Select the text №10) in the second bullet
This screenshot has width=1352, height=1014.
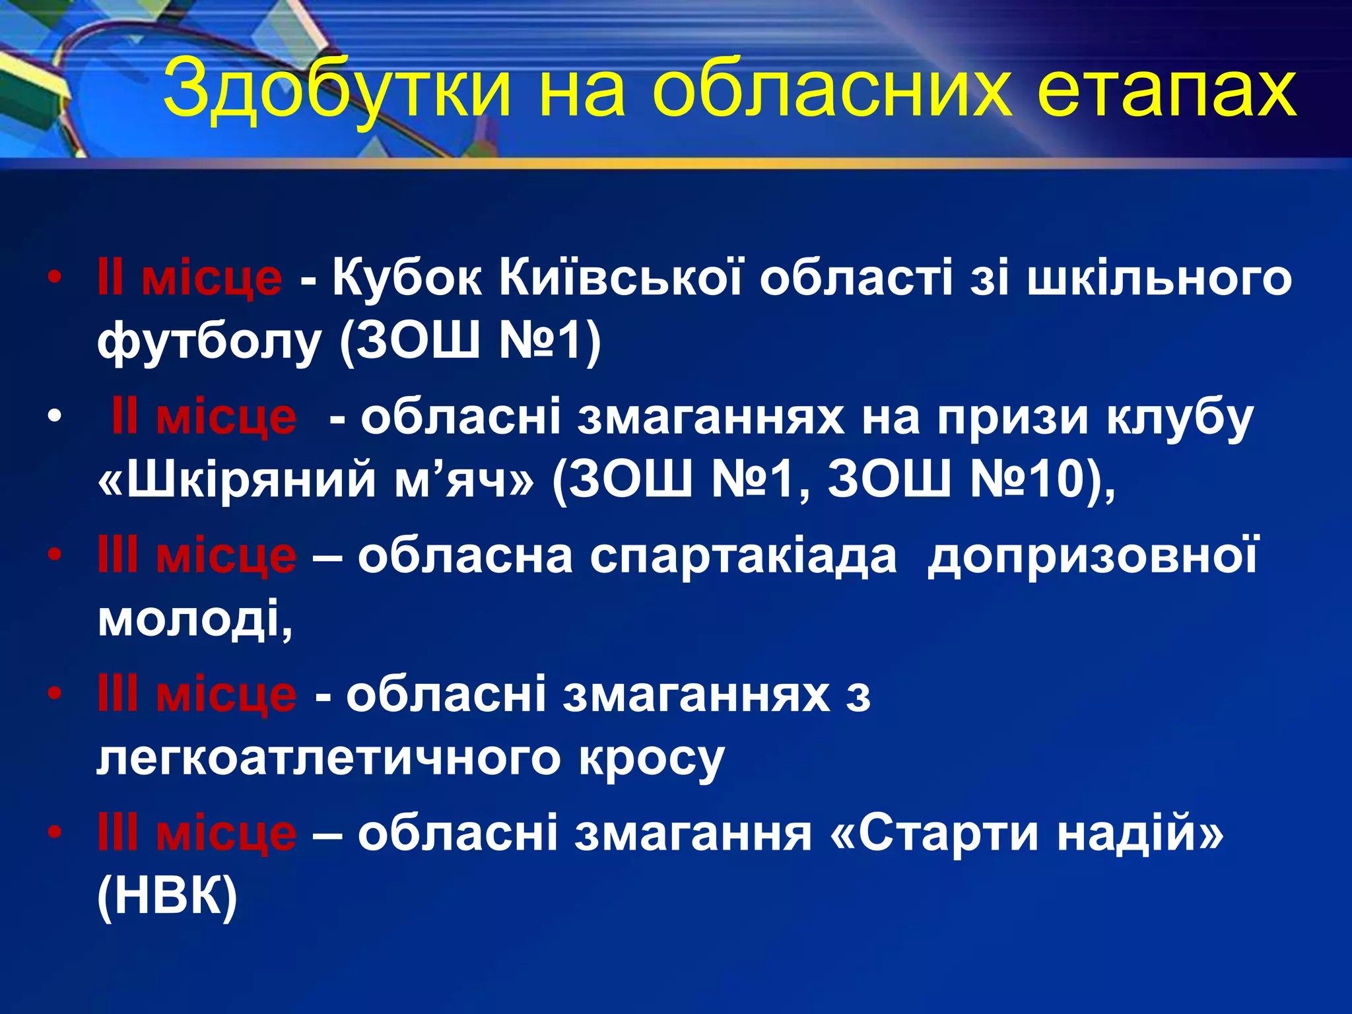[x=1036, y=479]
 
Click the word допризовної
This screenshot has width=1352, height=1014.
[x=1093, y=556]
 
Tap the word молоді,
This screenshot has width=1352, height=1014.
[x=195, y=619]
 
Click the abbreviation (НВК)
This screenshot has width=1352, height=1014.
[x=167, y=896]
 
